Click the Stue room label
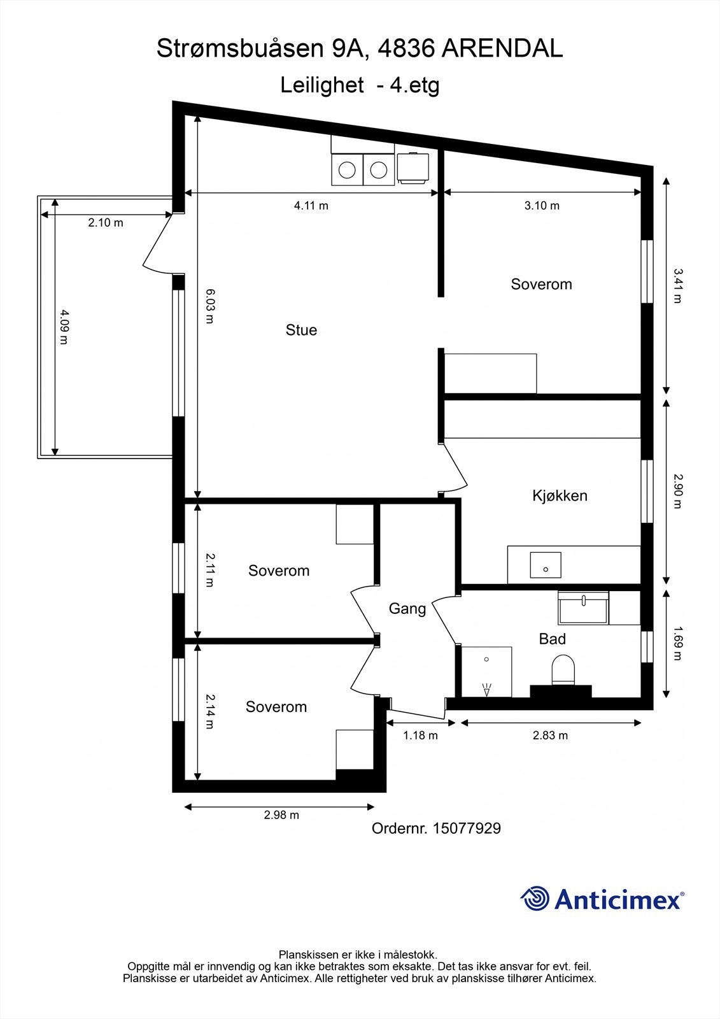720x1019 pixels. (301, 330)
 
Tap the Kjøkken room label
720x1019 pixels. (560, 495)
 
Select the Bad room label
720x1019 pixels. (552, 639)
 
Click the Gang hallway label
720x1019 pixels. (407, 609)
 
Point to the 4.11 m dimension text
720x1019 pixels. (311, 205)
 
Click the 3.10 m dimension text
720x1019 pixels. (542, 205)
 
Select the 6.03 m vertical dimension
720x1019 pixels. (209, 306)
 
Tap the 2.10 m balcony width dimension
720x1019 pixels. (106, 223)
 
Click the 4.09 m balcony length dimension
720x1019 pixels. (63, 327)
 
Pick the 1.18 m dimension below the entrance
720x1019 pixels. (420, 736)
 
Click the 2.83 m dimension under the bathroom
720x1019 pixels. (550, 736)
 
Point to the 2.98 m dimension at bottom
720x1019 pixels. (281, 815)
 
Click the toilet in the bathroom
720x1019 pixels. (563, 671)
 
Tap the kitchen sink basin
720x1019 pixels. (545, 565)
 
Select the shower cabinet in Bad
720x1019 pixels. (486, 672)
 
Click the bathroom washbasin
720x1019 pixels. (583, 608)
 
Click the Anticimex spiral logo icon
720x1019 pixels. (535, 899)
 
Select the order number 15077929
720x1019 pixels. (467, 829)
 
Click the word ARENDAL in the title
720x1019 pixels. (502, 49)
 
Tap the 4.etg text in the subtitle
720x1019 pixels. (414, 85)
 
